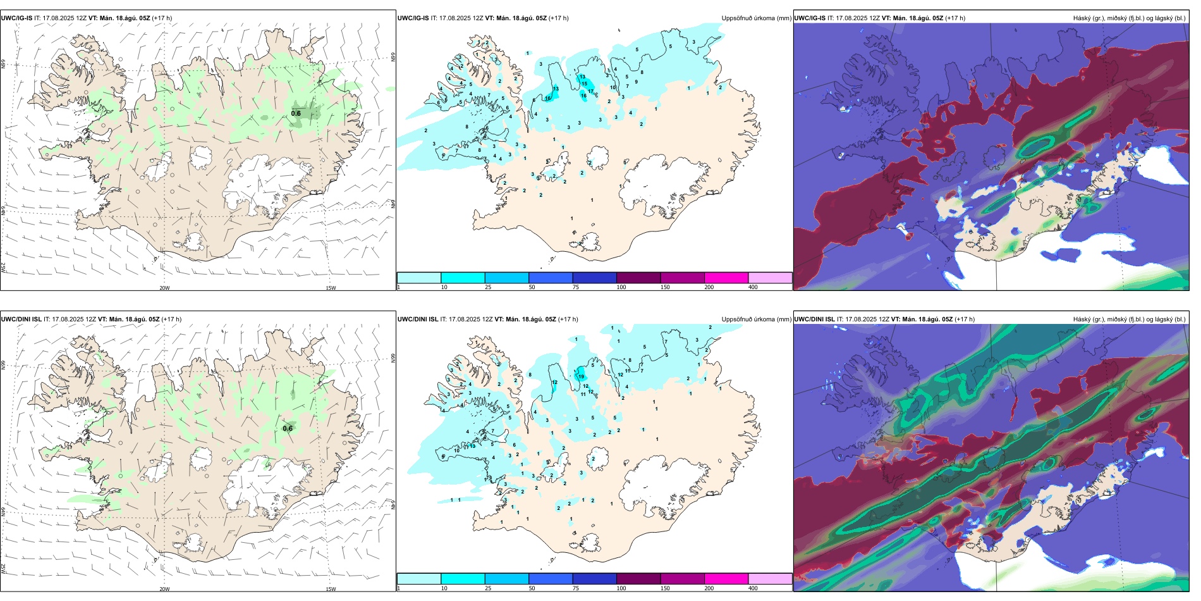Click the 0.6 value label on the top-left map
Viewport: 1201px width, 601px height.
[296, 114]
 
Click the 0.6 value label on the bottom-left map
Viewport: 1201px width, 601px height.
[288, 428]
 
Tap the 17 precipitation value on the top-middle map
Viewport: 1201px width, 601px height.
[590, 92]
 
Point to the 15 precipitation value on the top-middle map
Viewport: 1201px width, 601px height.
[585, 84]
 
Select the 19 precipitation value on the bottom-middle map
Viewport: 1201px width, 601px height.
[581, 376]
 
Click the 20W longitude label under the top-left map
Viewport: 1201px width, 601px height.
[164, 288]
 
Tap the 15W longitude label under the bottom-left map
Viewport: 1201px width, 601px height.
[331, 589]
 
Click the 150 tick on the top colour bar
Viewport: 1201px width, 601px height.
[664, 287]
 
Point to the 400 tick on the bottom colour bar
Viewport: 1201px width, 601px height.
[753, 588]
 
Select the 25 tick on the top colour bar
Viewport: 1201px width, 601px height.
[488, 287]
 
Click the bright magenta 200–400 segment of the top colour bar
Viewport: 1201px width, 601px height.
[726, 278]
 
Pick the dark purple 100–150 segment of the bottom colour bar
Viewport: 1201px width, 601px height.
[638, 579]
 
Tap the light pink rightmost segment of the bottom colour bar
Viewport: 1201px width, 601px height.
[770, 579]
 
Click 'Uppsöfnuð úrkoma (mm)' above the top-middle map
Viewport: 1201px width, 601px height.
[756, 18]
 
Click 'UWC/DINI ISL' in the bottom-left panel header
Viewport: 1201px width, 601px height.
[21, 319]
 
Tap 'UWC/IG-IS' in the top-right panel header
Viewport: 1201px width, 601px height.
[810, 18]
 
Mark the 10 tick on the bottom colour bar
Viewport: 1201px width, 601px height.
[444, 588]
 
